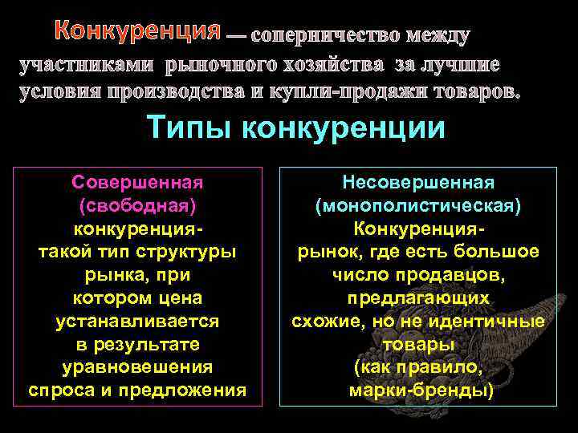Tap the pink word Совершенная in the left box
(136, 183)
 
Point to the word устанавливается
(136, 321)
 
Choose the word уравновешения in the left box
(136, 367)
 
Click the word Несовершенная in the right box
(417, 183)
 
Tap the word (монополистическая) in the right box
(417, 206)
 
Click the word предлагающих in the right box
(417, 297)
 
